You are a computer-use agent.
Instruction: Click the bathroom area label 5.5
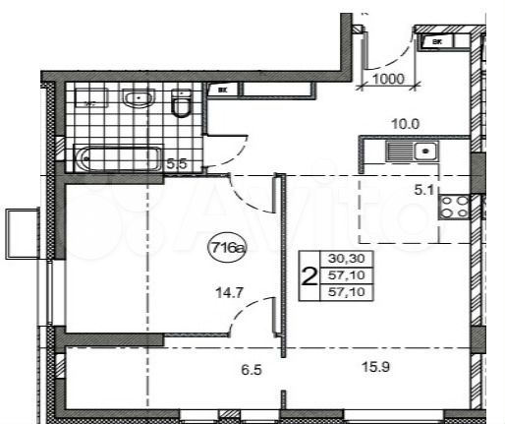[178, 164]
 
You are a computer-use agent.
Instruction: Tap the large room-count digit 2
[309, 277]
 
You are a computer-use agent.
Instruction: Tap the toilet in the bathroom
[182, 103]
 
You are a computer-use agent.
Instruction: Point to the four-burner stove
[455, 207]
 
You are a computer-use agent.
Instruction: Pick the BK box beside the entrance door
[433, 41]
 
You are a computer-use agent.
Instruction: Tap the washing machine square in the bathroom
[90, 97]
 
